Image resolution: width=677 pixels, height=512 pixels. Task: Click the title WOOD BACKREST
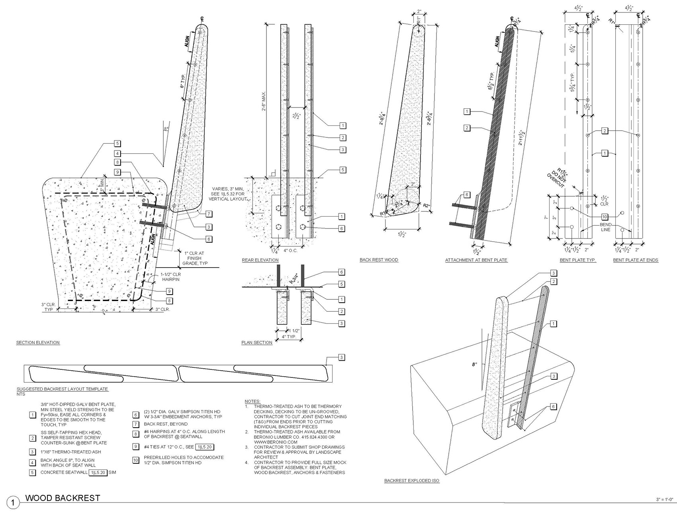[63, 498]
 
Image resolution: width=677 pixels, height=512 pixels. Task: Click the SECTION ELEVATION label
[38, 342]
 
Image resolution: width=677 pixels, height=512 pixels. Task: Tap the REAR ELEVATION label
[260, 260]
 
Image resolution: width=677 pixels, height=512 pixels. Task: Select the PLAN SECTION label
[257, 342]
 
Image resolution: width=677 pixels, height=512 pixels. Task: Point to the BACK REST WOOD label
[379, 260]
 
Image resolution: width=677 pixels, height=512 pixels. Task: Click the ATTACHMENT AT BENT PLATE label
[476, 260]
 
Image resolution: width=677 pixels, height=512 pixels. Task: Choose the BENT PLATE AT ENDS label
[636, 260]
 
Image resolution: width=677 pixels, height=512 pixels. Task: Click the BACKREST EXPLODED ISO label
[412, 481]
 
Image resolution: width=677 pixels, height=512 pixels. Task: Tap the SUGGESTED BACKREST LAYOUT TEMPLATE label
[62, 389]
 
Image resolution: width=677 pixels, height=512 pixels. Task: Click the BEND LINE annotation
[605, 227]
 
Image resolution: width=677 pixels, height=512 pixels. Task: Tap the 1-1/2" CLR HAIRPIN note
[171, 277]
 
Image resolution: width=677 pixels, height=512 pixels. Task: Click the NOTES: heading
[252, 401]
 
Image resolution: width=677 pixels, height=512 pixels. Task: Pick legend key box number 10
[136, 460]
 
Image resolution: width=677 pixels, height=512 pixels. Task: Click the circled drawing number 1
[13, 502]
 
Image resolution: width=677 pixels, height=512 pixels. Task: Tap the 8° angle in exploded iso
[474, 364]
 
